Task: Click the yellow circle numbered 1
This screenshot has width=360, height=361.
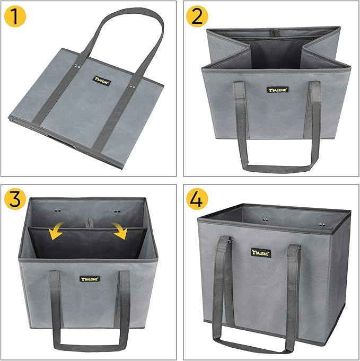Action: pyautogui.click(x=17, y=17)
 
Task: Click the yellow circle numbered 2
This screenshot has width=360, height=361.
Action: pyautogui.click(x=197, y=17)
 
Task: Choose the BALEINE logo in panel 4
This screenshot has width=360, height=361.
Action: pyautogui.click(x=261, y=253)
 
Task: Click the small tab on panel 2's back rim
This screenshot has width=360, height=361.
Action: pyautogui.click(x=275, y=32)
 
